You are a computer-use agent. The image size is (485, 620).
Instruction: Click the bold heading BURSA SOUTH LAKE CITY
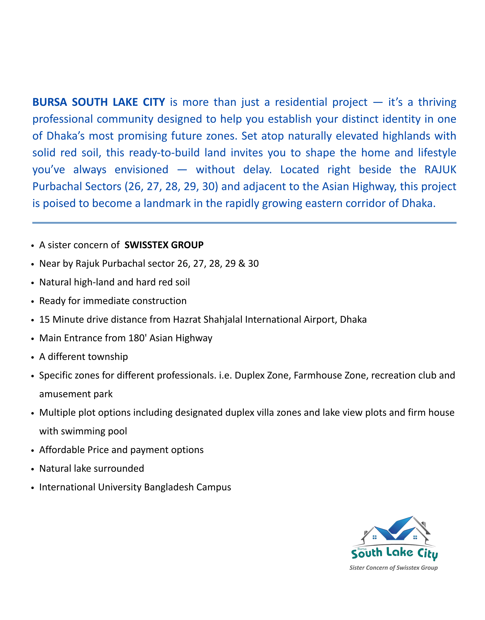coord(99,102)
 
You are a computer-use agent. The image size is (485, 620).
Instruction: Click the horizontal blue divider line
coord(244,223)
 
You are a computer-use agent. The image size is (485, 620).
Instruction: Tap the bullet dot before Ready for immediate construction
coord(33,301)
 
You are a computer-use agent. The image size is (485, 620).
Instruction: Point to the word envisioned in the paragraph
coord(141,170)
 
